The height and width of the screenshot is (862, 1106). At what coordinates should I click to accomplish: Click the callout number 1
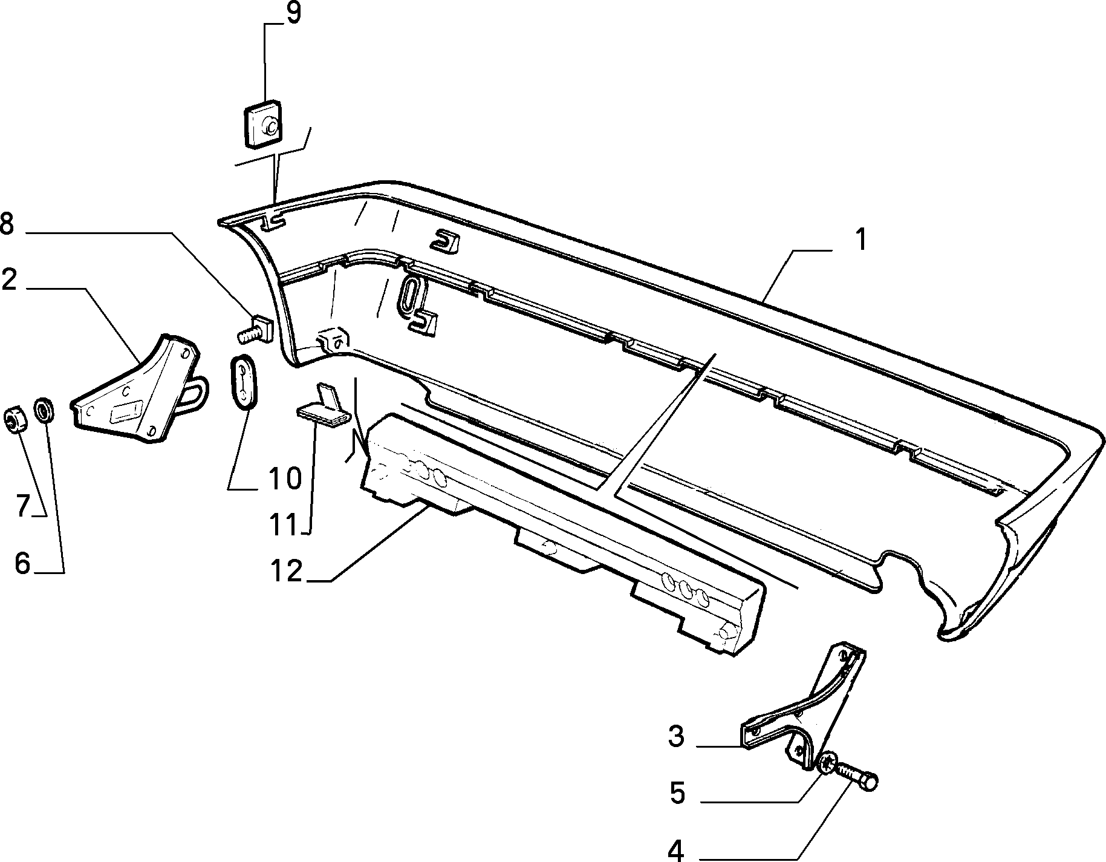tap(860, 240)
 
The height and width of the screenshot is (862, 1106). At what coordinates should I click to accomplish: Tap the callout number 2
tap(9, 280)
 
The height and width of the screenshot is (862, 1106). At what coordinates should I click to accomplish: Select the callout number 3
tap(676, 737)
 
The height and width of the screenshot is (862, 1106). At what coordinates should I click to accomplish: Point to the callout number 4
tap(676, 849)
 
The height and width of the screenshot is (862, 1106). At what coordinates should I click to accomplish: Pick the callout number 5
tap(677, 792)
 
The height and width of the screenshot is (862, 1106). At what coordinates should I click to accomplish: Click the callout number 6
tap(22, 564)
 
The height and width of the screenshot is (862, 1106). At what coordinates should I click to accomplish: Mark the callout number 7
tap(22, 506)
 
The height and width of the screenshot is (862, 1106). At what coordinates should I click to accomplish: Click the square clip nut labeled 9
tap(264, 124)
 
